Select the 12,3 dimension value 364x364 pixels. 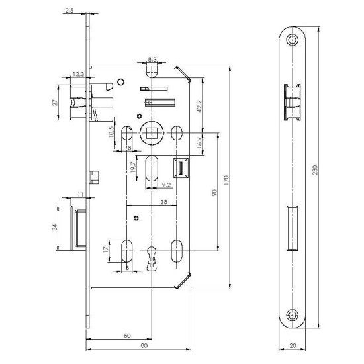[78, 74]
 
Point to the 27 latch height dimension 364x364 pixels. [56, 103]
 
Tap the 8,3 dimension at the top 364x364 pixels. [152, 60]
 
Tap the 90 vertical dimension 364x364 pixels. [215, 192]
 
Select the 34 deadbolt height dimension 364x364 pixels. [56, 228]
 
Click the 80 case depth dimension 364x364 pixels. [140, 346]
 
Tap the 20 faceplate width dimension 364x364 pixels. [293, 346]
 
